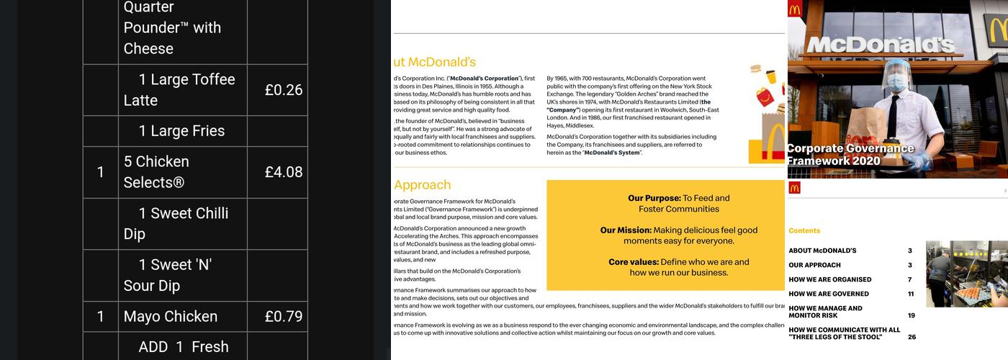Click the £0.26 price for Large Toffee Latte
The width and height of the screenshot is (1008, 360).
click(x=283, y=90)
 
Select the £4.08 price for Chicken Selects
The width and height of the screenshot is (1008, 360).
click(x=283, y=172)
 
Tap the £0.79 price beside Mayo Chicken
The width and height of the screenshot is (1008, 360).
click(x=283, y=316)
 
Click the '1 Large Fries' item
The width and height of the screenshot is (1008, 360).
click(x=181, y=131)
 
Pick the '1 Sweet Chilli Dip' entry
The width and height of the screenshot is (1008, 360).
click(x=176, y=223)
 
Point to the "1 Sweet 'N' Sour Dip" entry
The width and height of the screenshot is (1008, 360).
click(x=168, y=275)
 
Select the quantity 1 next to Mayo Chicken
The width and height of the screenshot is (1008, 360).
click(x=101, y=316)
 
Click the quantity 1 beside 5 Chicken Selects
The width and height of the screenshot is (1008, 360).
click(x=101, y=172)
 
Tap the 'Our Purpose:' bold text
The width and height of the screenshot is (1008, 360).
click(x=654, y=198)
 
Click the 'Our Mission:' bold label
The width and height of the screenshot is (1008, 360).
click(x=626, y=230)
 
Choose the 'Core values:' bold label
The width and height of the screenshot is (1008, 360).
click(x=633, y=262)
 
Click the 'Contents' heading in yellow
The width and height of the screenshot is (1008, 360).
click(x=804, y=231)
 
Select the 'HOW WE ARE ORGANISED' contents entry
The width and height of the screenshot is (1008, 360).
click(x=829, y=279)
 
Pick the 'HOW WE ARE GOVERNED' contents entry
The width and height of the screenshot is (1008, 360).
click(x=828, y=294)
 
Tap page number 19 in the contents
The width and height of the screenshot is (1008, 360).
click(x=911, y=315)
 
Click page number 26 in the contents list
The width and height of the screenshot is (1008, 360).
click(x=912, y=337)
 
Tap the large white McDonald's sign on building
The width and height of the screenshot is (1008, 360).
click(x=879, y=45)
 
